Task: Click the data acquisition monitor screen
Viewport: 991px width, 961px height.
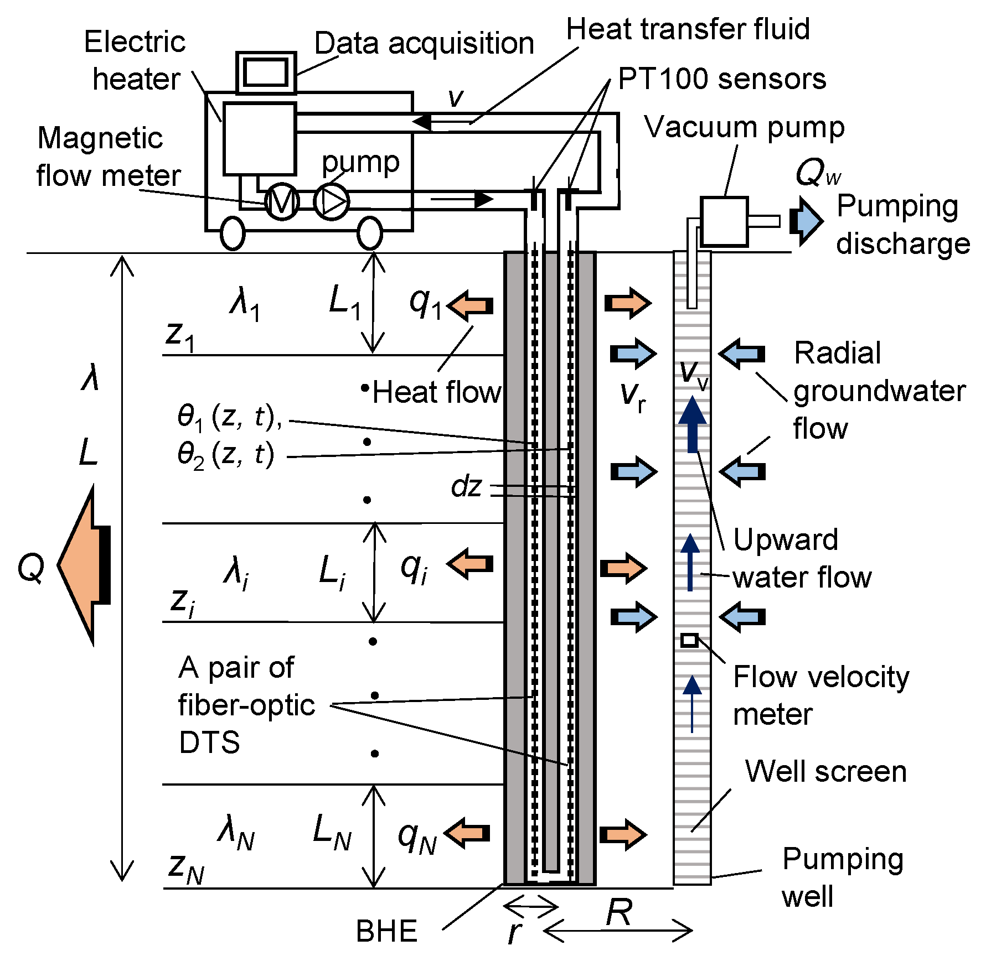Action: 266,72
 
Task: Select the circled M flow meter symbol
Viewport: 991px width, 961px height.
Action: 282,202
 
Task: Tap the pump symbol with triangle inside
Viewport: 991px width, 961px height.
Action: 332,202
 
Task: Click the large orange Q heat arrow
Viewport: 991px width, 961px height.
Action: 83,565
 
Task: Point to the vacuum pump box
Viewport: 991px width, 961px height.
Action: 724,221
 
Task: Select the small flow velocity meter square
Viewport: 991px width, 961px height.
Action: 689,640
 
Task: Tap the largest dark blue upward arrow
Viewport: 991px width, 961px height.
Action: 692,423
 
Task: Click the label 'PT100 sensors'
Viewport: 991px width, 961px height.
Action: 721,79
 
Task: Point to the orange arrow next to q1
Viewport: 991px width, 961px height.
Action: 470,305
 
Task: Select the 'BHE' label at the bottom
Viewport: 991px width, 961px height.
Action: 386,931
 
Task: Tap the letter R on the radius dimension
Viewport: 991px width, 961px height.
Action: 618,912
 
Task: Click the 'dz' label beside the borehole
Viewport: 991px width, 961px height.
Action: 466,487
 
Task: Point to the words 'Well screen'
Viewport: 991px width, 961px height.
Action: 825,771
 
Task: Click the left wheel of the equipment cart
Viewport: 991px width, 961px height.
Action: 233,233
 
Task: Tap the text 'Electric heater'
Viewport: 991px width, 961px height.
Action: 136,60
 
